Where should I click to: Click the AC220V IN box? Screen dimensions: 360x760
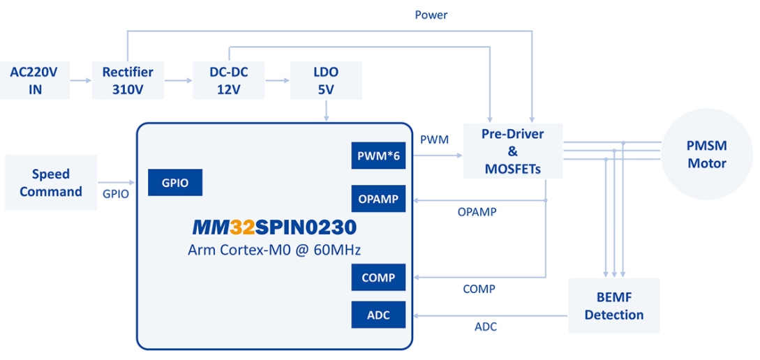point(35,80)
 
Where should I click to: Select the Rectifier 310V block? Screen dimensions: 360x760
point(128,80)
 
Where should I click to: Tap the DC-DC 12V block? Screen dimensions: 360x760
point(229,80)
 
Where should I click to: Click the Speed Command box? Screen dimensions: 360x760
point(51,183)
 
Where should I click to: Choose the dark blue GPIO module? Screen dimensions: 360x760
point(175,182)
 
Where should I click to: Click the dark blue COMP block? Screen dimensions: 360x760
point(379,277)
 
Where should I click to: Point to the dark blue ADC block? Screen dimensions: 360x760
point(379,315)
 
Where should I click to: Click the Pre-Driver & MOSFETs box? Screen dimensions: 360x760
point(512,151)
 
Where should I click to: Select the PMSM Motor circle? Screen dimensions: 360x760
point(707,154)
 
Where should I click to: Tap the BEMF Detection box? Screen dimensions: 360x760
point(613,306)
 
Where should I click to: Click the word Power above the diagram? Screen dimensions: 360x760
point(431,15)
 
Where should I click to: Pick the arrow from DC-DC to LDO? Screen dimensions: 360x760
point(277,80)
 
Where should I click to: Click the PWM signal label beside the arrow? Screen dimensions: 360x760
point(434,140)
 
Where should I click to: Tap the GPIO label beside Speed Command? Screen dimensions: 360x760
point(116,194)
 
